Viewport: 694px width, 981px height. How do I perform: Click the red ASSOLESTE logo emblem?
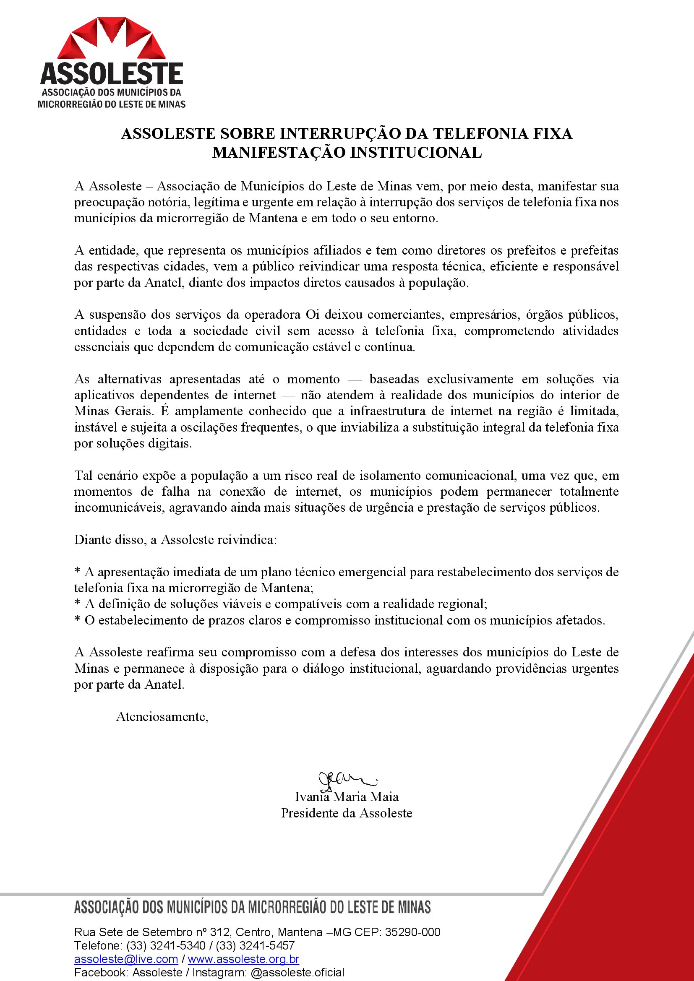112,39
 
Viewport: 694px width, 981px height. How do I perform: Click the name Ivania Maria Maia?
347,797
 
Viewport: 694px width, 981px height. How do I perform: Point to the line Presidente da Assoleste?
347,813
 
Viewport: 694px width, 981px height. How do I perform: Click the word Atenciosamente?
162,716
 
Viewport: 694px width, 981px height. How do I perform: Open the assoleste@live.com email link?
126,959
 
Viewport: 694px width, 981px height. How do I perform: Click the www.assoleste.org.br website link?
244,959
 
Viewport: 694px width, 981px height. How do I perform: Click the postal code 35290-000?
412,932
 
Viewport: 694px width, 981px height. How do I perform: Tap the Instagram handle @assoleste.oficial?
297,973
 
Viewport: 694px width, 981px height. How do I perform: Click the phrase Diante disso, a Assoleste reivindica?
175,540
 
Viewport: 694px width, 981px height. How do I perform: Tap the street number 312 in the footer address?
221,932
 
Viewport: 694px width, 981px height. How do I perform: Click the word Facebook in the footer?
101,973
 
